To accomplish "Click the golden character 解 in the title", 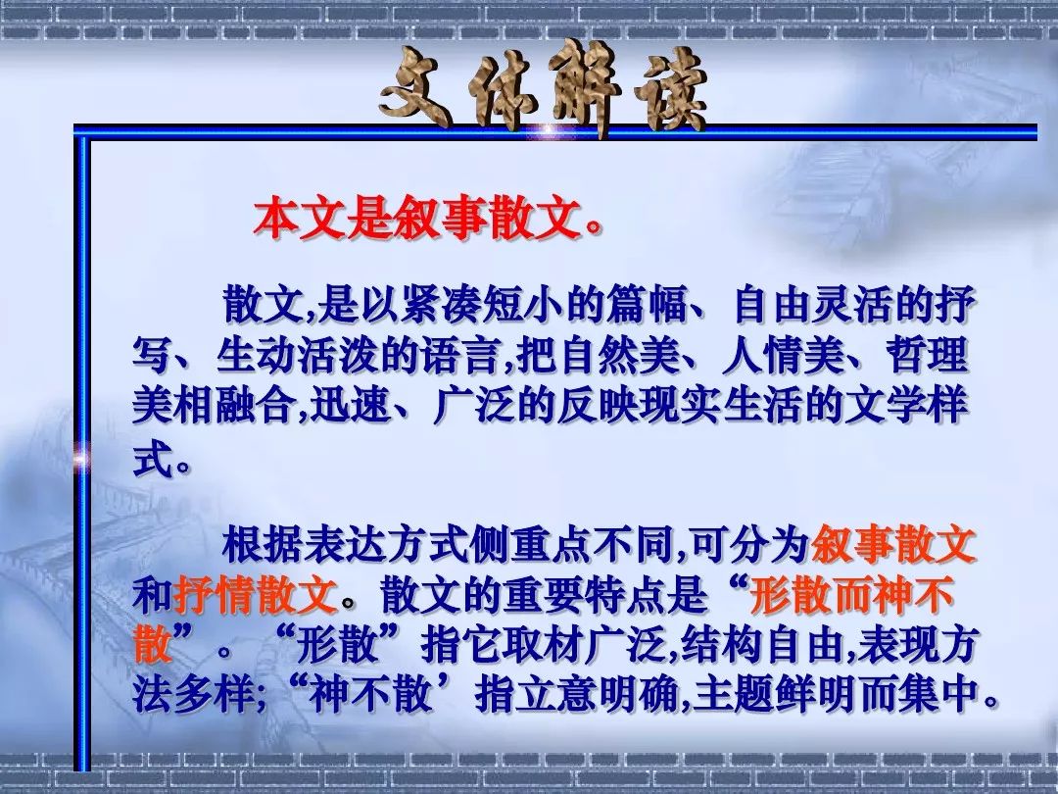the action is (586, 88).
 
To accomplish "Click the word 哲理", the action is (927, 355).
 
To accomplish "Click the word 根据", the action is (264, 545).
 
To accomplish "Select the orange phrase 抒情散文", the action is (256, 595).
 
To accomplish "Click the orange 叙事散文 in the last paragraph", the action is (893, 545).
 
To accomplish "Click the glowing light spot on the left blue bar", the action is (81, 459).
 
